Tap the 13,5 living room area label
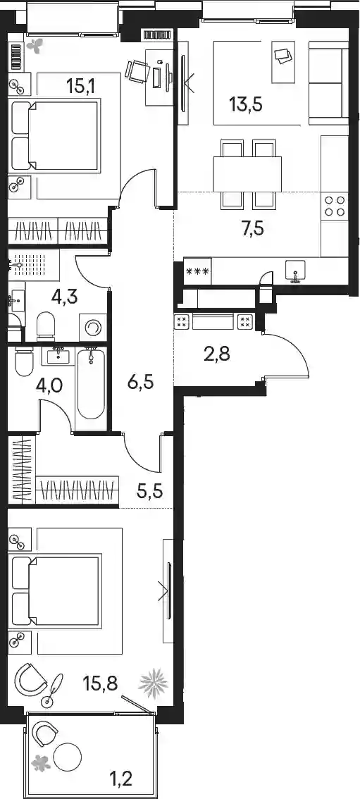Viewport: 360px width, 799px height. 246,105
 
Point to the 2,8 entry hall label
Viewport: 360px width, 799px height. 216,354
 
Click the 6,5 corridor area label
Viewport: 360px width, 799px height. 141,382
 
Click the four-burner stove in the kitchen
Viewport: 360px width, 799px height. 335,205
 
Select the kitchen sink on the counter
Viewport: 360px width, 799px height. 295,271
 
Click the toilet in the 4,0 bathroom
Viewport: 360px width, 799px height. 24,361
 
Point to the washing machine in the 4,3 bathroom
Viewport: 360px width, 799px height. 93,328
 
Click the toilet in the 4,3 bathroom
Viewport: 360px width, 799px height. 46,326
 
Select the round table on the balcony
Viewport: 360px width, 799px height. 68,757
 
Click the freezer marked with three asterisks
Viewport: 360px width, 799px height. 198,271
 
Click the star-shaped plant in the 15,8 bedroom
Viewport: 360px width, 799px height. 154,682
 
